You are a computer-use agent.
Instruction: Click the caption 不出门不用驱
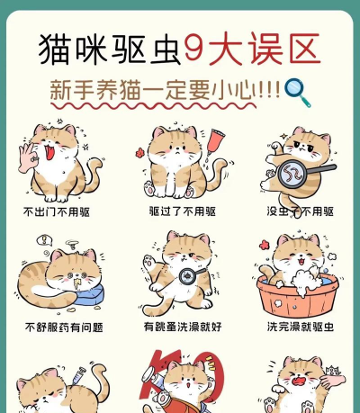coord(57,211)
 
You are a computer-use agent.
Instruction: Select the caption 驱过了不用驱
coord(182,211)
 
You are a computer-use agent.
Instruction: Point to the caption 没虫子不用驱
coord(300,211)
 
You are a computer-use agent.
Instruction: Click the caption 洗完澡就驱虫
coord(300,326)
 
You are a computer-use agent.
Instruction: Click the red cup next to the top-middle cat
coord(213,141)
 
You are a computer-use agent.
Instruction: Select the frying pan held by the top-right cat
coord(293,170)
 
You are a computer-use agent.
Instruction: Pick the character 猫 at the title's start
coord(55,49)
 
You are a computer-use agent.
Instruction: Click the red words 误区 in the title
coord(276,49)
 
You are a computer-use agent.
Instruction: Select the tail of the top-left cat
coord(94,175)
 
